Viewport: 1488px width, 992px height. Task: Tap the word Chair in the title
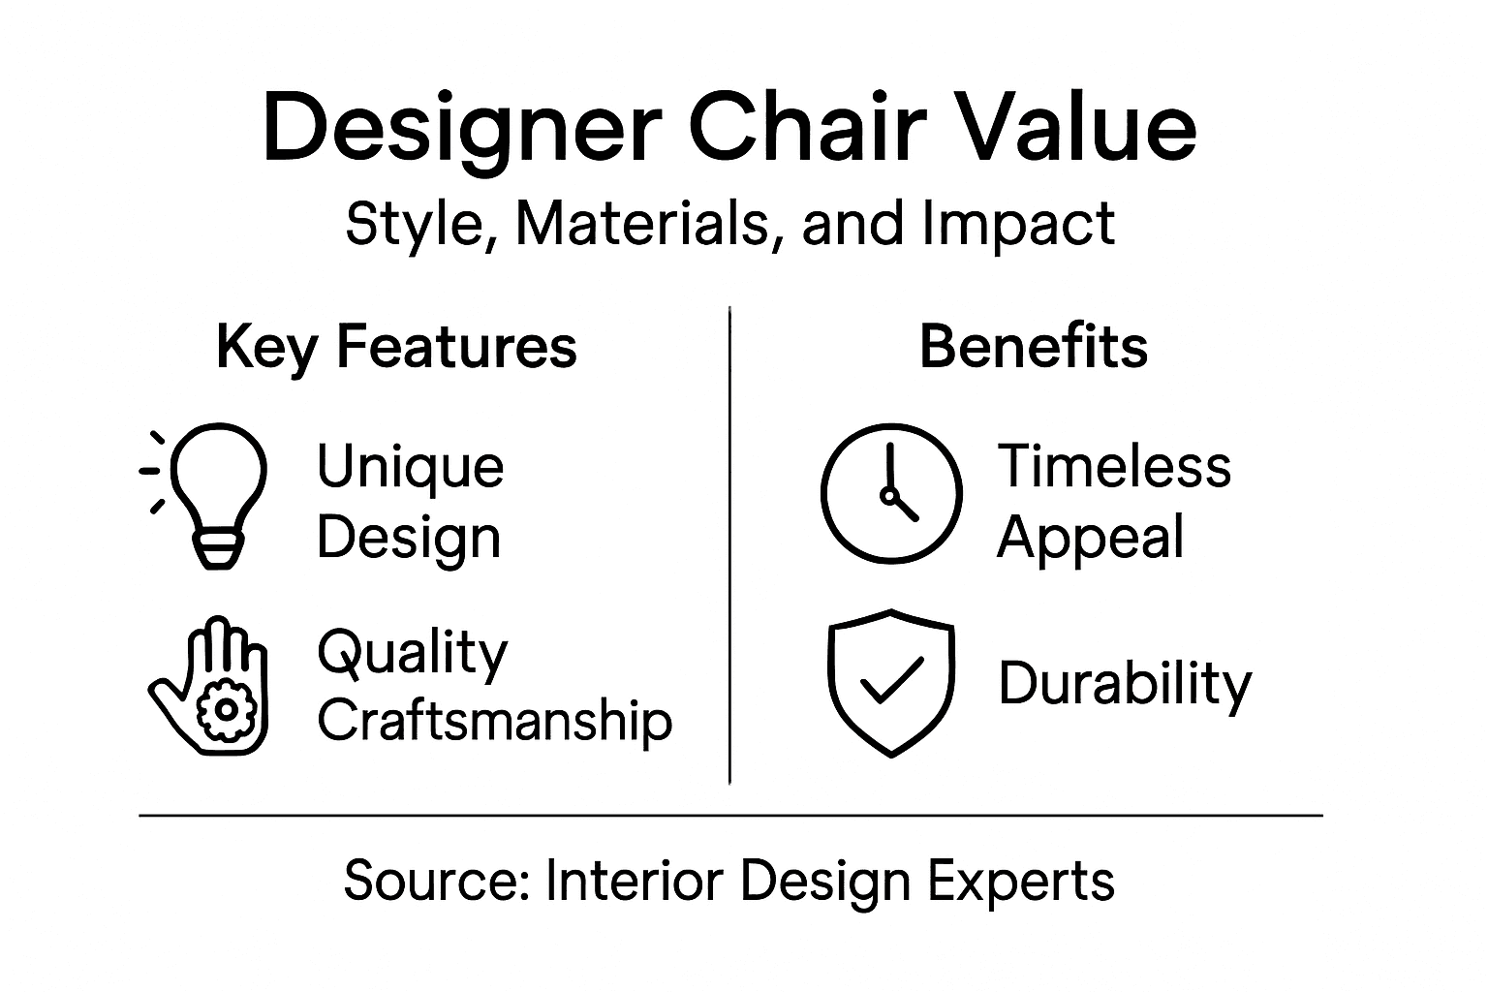[804, 129]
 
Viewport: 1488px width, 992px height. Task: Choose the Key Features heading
[396, 347]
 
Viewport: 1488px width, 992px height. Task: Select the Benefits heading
[1033, 346]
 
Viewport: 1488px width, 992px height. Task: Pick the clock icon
[891, 493]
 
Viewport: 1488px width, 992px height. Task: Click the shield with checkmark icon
[891, 682]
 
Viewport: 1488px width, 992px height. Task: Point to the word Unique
[410, 467]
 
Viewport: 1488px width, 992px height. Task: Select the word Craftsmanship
[495, 722]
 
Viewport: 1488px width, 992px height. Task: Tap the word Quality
[412, 654]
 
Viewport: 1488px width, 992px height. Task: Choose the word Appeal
[1090, 538]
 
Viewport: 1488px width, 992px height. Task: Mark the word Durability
[1125, 684]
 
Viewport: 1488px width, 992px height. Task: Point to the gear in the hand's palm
[227, 709]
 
